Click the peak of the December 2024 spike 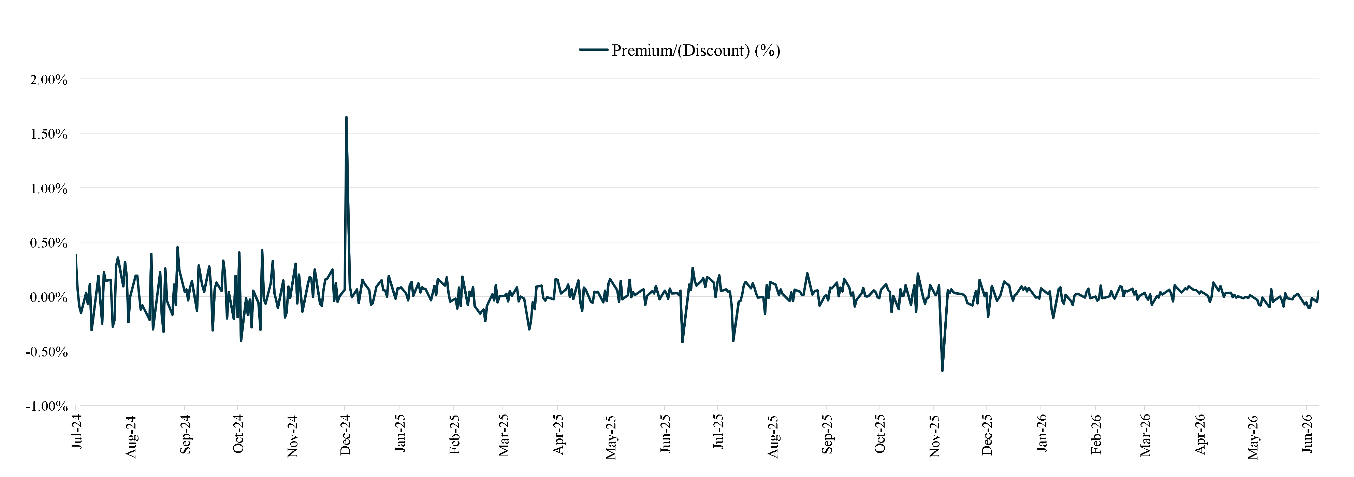pyautogui.click(x=346, y=117)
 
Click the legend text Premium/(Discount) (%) pyautogui.click(x=696, y=51)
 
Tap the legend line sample pyautogui.click(x=594, y=50)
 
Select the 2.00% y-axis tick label pyautogui.click(x=49, y=80)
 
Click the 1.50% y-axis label pyautogui.click(x=49, y=134)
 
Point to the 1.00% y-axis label pyautogui.click(x=49, y=189)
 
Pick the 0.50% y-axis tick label pyautogui.click(x=49, y=243)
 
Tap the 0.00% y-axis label pyautogui.click(x=49, y=298)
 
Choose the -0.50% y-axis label pyautogui.click(x=47, y=352)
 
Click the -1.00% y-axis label pyautogui.click(x=47, y=407)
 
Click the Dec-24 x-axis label pyautogui.click(x=345, y=434)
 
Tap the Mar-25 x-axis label pyautogui.click(x=504, y=435)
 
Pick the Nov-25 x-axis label pyautogui.click(x=934, y=435)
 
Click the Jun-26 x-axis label pyautogui.click(x=1308, y=433)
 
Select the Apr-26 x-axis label pyautogui.click(x=1200, y=434)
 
